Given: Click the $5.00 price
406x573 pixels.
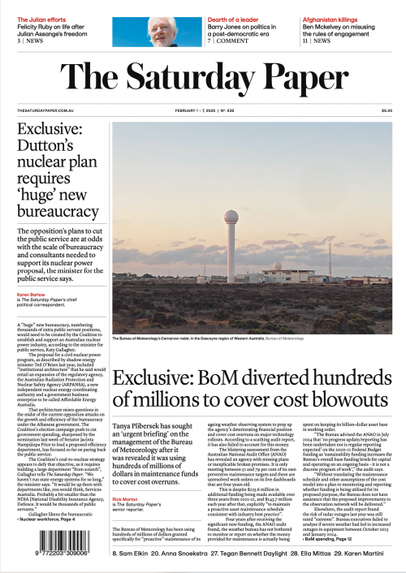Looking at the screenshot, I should [x=386, y=110].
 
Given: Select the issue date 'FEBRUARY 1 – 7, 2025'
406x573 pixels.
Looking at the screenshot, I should [x=198, y=110].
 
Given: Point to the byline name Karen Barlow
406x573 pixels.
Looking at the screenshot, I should [x=31, y=294].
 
